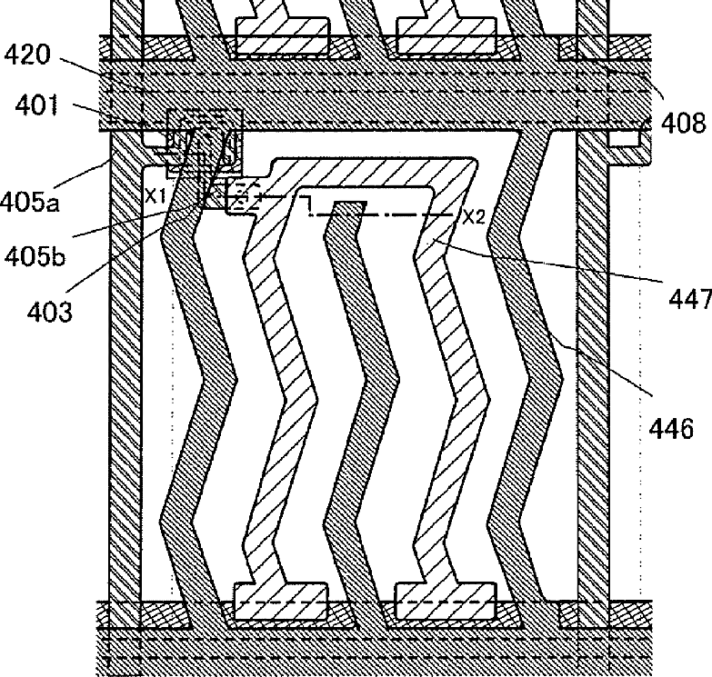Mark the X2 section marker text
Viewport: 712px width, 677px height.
(473, 216)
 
